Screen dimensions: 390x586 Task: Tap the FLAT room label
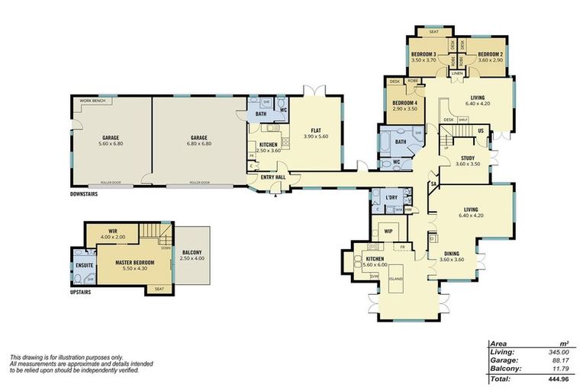(x=309, y=129)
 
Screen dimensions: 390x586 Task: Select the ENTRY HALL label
(x=272, y=177)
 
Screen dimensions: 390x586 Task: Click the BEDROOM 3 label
(x=423, y=54)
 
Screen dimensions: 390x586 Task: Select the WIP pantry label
(x=388, y=231)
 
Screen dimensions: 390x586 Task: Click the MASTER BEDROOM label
(x=135, y=262)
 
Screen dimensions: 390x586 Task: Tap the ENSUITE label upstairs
(x=84, y=265)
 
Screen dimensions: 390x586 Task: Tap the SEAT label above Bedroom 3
(x=433, y=32)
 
